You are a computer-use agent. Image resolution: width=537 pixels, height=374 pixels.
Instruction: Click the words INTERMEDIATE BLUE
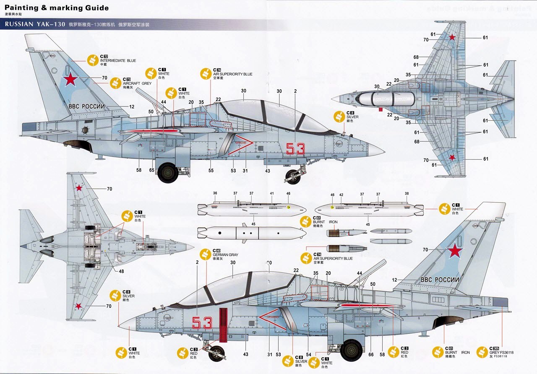(118, 61)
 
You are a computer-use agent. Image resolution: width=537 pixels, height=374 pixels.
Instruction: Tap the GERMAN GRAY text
(225, 255)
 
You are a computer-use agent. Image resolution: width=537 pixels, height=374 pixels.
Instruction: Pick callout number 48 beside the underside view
(121, 271)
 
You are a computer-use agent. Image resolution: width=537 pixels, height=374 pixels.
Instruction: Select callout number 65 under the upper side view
(151, 171)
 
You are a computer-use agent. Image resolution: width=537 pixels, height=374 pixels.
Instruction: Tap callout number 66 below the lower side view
(371, 355)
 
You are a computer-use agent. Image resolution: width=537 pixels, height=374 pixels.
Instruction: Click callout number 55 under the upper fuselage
(211, 171)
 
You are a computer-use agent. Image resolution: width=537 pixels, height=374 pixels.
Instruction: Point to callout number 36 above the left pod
(215, 193)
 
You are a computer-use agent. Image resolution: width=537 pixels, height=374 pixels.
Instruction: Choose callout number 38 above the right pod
(407, 194)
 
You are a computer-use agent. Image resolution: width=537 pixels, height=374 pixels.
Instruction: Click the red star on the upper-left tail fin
(70, 80)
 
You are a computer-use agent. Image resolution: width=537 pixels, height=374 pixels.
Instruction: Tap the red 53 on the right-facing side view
(295, 148)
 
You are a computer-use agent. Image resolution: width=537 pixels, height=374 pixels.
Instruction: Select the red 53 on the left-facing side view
(202, 322)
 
